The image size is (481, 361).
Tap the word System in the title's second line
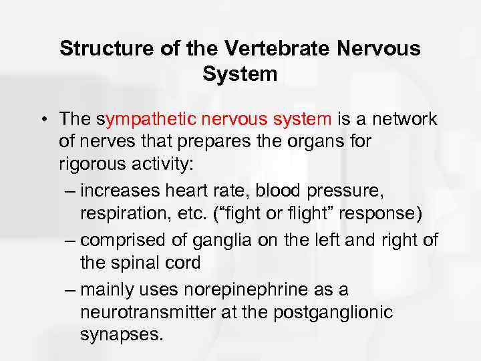(x=240, y=74)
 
